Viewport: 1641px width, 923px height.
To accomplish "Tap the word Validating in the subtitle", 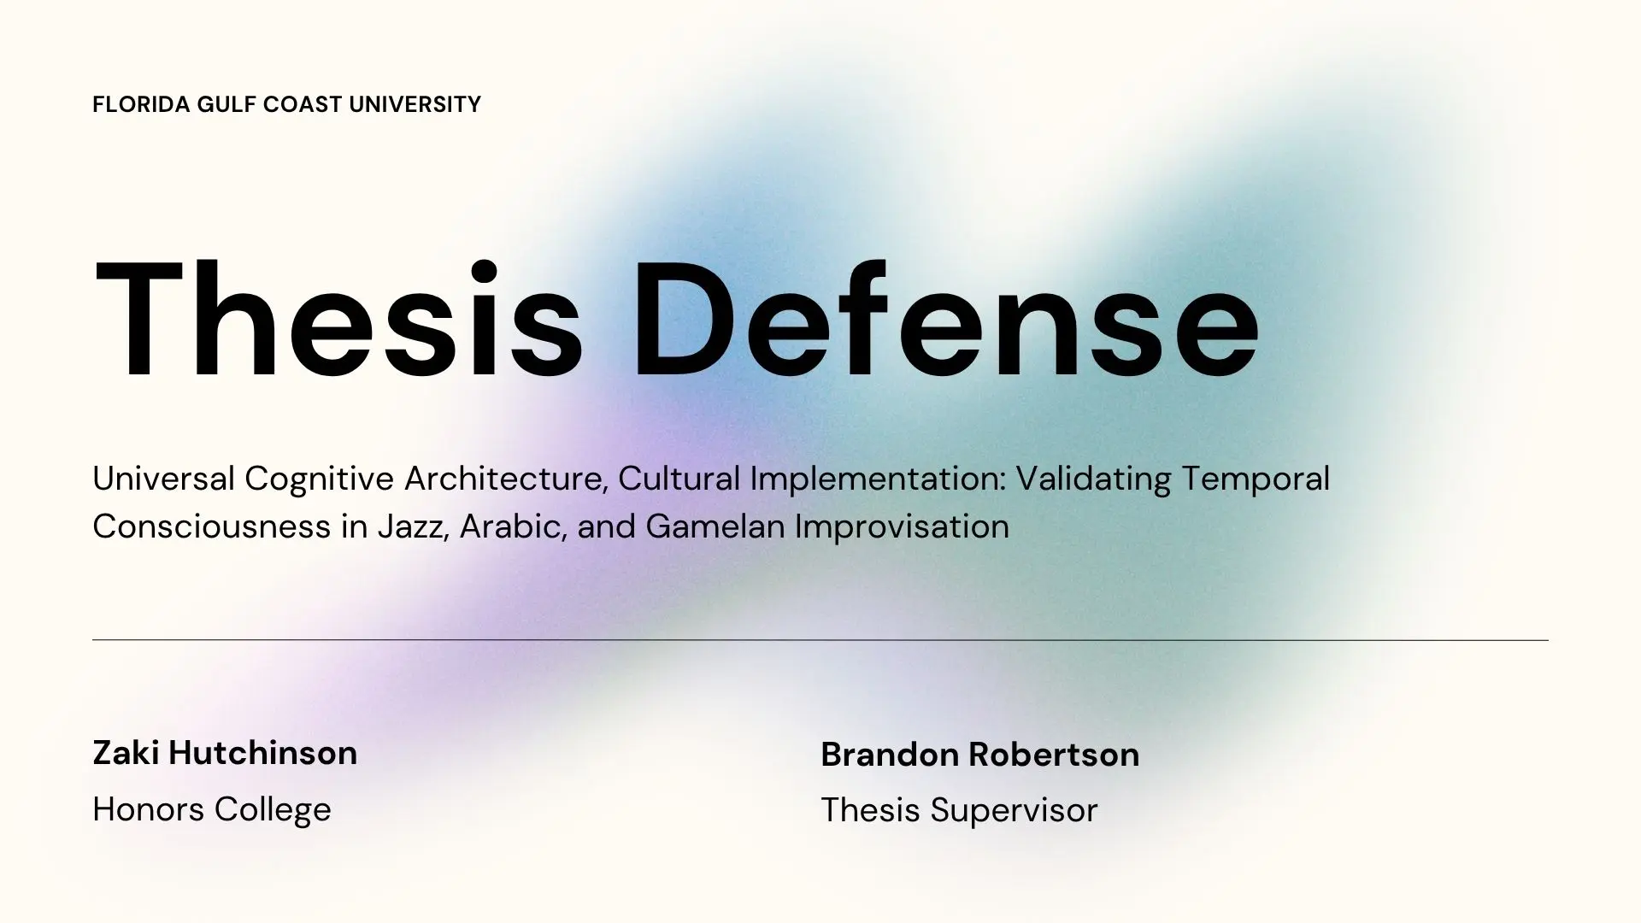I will coord(1093,479).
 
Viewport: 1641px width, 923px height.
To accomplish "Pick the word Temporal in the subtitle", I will coord(1256,479).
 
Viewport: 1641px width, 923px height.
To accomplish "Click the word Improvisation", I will coord(902,526).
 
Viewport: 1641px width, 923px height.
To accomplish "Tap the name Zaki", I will coord(126,753).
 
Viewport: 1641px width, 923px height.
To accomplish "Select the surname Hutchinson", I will coord(263,753).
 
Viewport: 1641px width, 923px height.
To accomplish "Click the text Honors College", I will coord(212,809).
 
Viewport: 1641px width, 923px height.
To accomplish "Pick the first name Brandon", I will coord(889,755).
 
